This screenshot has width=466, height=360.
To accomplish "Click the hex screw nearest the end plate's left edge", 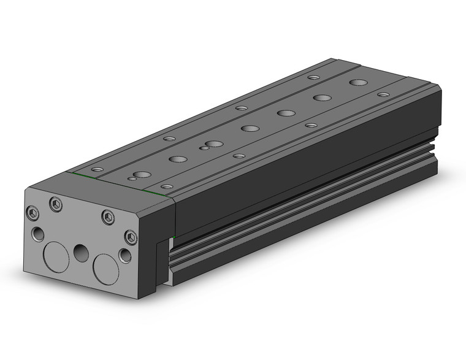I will (x=33, y=213).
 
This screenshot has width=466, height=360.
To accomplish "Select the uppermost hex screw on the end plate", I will (x=56, y=205).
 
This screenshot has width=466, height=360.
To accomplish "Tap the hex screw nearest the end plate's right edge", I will (x=129, y=237).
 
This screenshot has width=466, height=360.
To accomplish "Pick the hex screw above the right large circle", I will (x=108, y=216).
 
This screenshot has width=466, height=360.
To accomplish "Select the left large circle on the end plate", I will (x=55, y=256).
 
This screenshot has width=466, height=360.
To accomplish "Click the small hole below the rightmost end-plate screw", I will (x=125, y=255).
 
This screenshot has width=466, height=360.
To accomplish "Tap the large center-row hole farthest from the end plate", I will (x=357, y=82).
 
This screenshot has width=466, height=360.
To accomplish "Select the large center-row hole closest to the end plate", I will (x=142, y=175).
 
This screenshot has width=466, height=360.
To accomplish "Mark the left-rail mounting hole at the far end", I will (x=313, y=77).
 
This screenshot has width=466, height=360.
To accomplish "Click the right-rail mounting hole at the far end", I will (x=383, y=95).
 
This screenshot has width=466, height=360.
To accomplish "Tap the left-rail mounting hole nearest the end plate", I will (x=97, y=169).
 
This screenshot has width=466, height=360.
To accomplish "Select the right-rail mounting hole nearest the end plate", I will (x=165, y=185).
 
